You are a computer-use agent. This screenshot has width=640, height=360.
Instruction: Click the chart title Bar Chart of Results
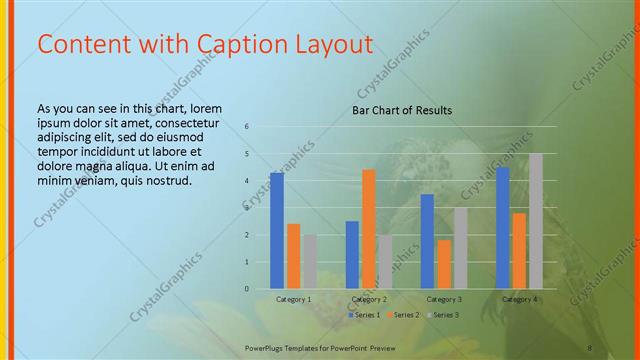tap(402, 110)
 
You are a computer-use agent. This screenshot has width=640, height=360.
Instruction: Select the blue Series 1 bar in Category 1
tap(277, 231)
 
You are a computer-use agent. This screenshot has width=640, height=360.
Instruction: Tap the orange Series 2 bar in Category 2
tap(369, 229)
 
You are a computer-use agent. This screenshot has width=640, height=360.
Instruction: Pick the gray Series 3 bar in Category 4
tap(535, 221)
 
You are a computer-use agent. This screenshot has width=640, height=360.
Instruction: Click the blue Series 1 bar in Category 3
tap(427, 241)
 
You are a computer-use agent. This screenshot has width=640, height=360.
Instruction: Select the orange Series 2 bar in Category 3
tap(444, 264)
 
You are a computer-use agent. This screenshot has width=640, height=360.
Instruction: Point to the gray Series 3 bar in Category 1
tap(311, 262)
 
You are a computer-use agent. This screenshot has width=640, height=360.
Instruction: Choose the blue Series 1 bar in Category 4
tap(503, 228)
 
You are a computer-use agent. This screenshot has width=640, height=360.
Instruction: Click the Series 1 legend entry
tap(365, 315)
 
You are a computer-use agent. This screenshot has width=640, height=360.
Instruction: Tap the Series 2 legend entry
tap(402, 315)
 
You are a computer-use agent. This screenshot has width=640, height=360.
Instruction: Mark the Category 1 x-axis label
tap(294, 299)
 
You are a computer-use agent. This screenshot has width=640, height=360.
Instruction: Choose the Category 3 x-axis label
tap(444, 299)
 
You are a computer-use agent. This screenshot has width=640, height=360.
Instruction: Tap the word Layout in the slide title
tap(331, 45)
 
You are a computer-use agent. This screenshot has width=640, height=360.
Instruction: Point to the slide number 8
tap(590, 347)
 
